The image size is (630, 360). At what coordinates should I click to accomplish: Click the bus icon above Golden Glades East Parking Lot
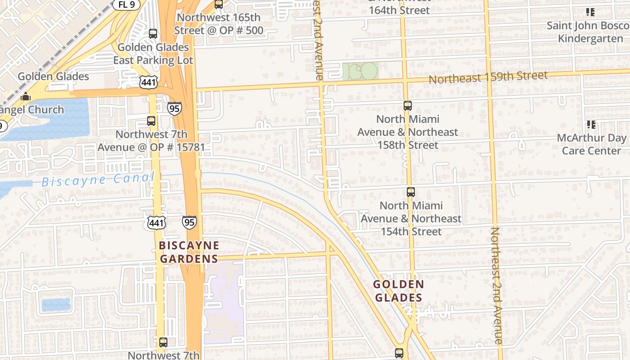tap(153, 34)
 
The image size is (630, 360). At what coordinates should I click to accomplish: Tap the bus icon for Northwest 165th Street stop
tap(219, 4)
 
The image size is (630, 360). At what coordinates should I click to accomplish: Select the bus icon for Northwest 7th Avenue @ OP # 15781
tap(151, 121)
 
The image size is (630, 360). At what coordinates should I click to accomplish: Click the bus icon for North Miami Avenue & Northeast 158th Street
tap(408, 106)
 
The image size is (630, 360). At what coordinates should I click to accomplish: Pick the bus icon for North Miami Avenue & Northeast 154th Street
tap(411, 192)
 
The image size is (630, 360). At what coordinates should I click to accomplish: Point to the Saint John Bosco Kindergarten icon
tap(590, 13)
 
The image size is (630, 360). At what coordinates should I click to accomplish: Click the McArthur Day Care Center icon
tap(590, 124)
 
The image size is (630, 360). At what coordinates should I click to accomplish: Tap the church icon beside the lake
tap(26, 97)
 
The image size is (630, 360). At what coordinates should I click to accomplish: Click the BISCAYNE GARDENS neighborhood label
tap(189, 252)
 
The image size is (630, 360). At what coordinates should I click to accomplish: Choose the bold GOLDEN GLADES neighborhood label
tap(399, 291)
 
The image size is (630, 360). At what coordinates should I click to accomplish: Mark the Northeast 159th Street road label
tap(488, 77)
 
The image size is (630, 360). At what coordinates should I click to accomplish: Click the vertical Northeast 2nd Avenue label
tap(496, 286)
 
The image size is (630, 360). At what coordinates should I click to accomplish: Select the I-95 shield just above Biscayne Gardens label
tap(189, 222)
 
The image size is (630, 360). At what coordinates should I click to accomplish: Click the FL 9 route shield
tap(126, 4)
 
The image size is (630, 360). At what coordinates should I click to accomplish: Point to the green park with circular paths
tap(360, 72)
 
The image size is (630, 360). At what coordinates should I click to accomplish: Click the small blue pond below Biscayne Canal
tap(56, 305)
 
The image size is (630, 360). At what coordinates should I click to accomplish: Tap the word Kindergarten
tap(590, 38)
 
